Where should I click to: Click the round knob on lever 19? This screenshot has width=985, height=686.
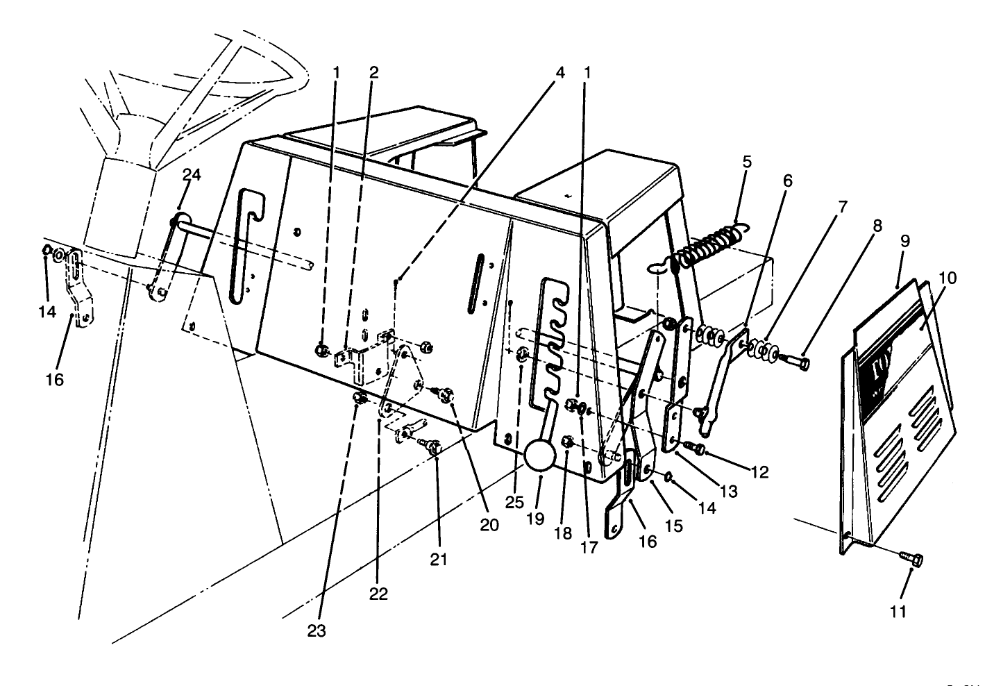[x=541, y=455]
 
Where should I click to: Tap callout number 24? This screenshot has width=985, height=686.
[x=192, y=175]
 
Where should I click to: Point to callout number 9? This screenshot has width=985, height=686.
[x=905, y=241]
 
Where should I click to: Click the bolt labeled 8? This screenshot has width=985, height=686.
[x=795, y=361]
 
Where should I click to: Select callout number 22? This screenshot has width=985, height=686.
[x=378, y=594]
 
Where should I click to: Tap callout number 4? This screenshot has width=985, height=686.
[x=560, y=72]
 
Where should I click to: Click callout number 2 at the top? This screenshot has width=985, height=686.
[x=374, y=72]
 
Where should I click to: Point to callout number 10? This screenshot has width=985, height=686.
[x=948, y=278]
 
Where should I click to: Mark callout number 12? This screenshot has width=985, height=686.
[x=760, y=472]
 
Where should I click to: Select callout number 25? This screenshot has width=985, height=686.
[x=514, y=503]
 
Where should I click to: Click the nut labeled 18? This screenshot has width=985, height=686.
[x=566, y=441]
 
